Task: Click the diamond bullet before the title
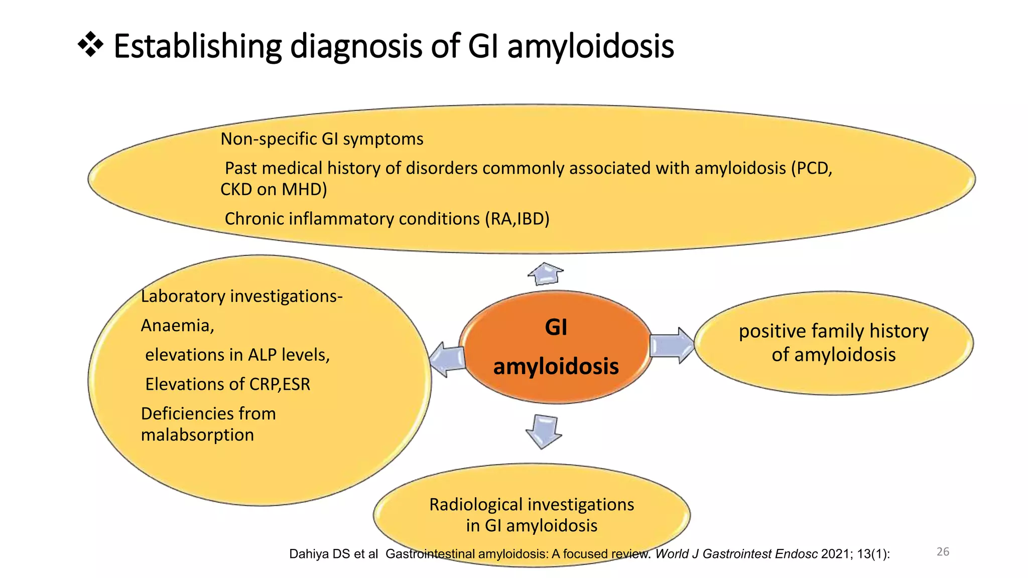(x=91, y=45)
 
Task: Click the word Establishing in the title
(x=198, y=46)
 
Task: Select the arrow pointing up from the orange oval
(x=546, y=274)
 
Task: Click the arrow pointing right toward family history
(x=672, y=345)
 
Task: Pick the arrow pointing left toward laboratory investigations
(x=447, y=359)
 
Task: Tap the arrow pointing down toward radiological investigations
(x=544, y=431)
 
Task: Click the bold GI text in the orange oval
(x=556, y=328)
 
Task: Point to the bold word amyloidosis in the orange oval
(x=556, y=366)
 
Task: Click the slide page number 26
(x=943, y=552)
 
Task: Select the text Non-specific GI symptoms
(x=322, y=139)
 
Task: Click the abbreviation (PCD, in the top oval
(x=811, y=168)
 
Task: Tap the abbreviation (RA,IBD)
(x=517, y=219)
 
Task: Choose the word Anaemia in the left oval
(x=177, y=326)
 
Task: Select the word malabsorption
(x=197, y=435)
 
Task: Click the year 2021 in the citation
(x=835, y=554)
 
